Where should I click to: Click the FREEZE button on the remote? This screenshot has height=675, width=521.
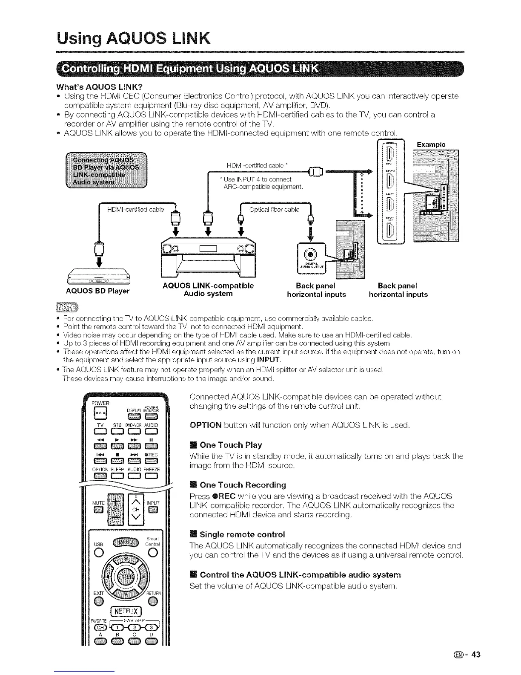(151, 476)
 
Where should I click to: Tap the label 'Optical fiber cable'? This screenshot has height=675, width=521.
(274, 209)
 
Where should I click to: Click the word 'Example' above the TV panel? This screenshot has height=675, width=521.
(431, 144)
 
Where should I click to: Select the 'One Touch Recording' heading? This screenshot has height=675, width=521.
(243, 485)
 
